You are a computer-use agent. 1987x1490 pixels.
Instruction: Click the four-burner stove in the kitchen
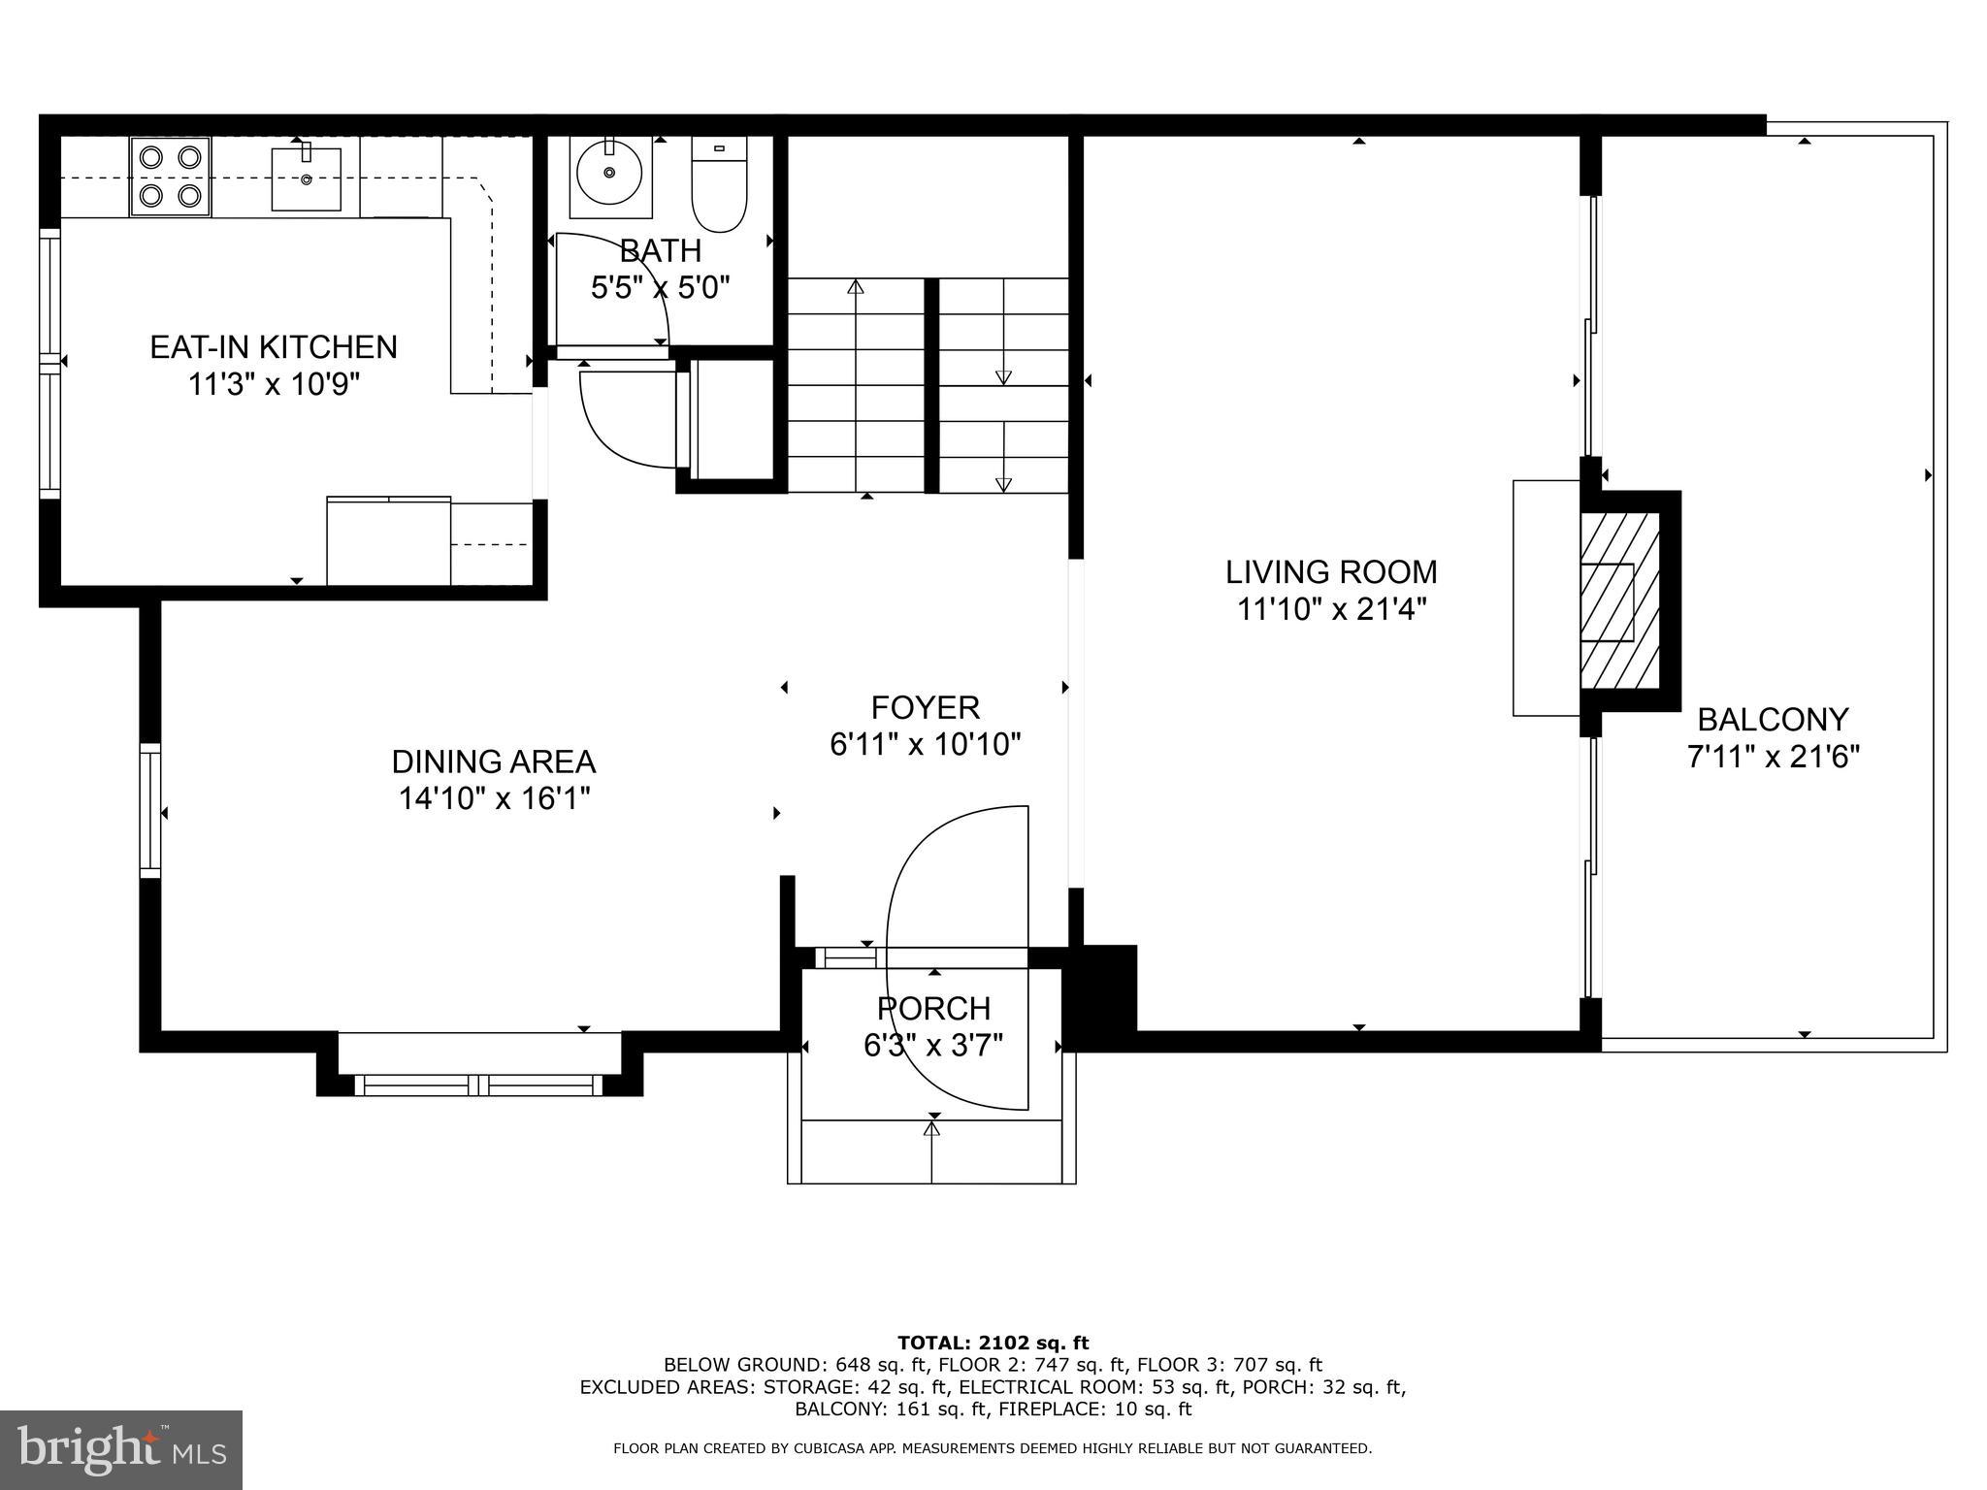[171, 177]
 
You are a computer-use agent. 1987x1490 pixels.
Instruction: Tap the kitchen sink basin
[306, 179]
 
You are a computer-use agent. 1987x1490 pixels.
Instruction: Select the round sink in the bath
[609, 174]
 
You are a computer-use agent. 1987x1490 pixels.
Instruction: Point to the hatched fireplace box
[1619, 601]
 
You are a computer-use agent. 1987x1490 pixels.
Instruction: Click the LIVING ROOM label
[1331, 572]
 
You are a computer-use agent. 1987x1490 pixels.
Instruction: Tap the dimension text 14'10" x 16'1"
[495, 799]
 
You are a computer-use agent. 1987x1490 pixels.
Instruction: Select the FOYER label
[926, 707]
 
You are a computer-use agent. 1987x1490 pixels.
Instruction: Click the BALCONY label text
[1773, 720]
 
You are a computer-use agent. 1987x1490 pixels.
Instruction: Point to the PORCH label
[933, 1009]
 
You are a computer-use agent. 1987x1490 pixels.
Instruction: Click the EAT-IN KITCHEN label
[274, 347]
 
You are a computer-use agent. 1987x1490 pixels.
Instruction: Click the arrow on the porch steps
[932, 1129]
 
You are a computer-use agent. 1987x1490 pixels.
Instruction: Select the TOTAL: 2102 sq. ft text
[993, 1343]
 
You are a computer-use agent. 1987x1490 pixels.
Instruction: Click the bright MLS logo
[121, 1450]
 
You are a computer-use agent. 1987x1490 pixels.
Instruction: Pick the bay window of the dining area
[479, 1085]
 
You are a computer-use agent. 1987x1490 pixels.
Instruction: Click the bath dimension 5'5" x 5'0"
[661, 287]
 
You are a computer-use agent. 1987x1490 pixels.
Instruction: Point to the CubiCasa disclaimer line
[993, 1448]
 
